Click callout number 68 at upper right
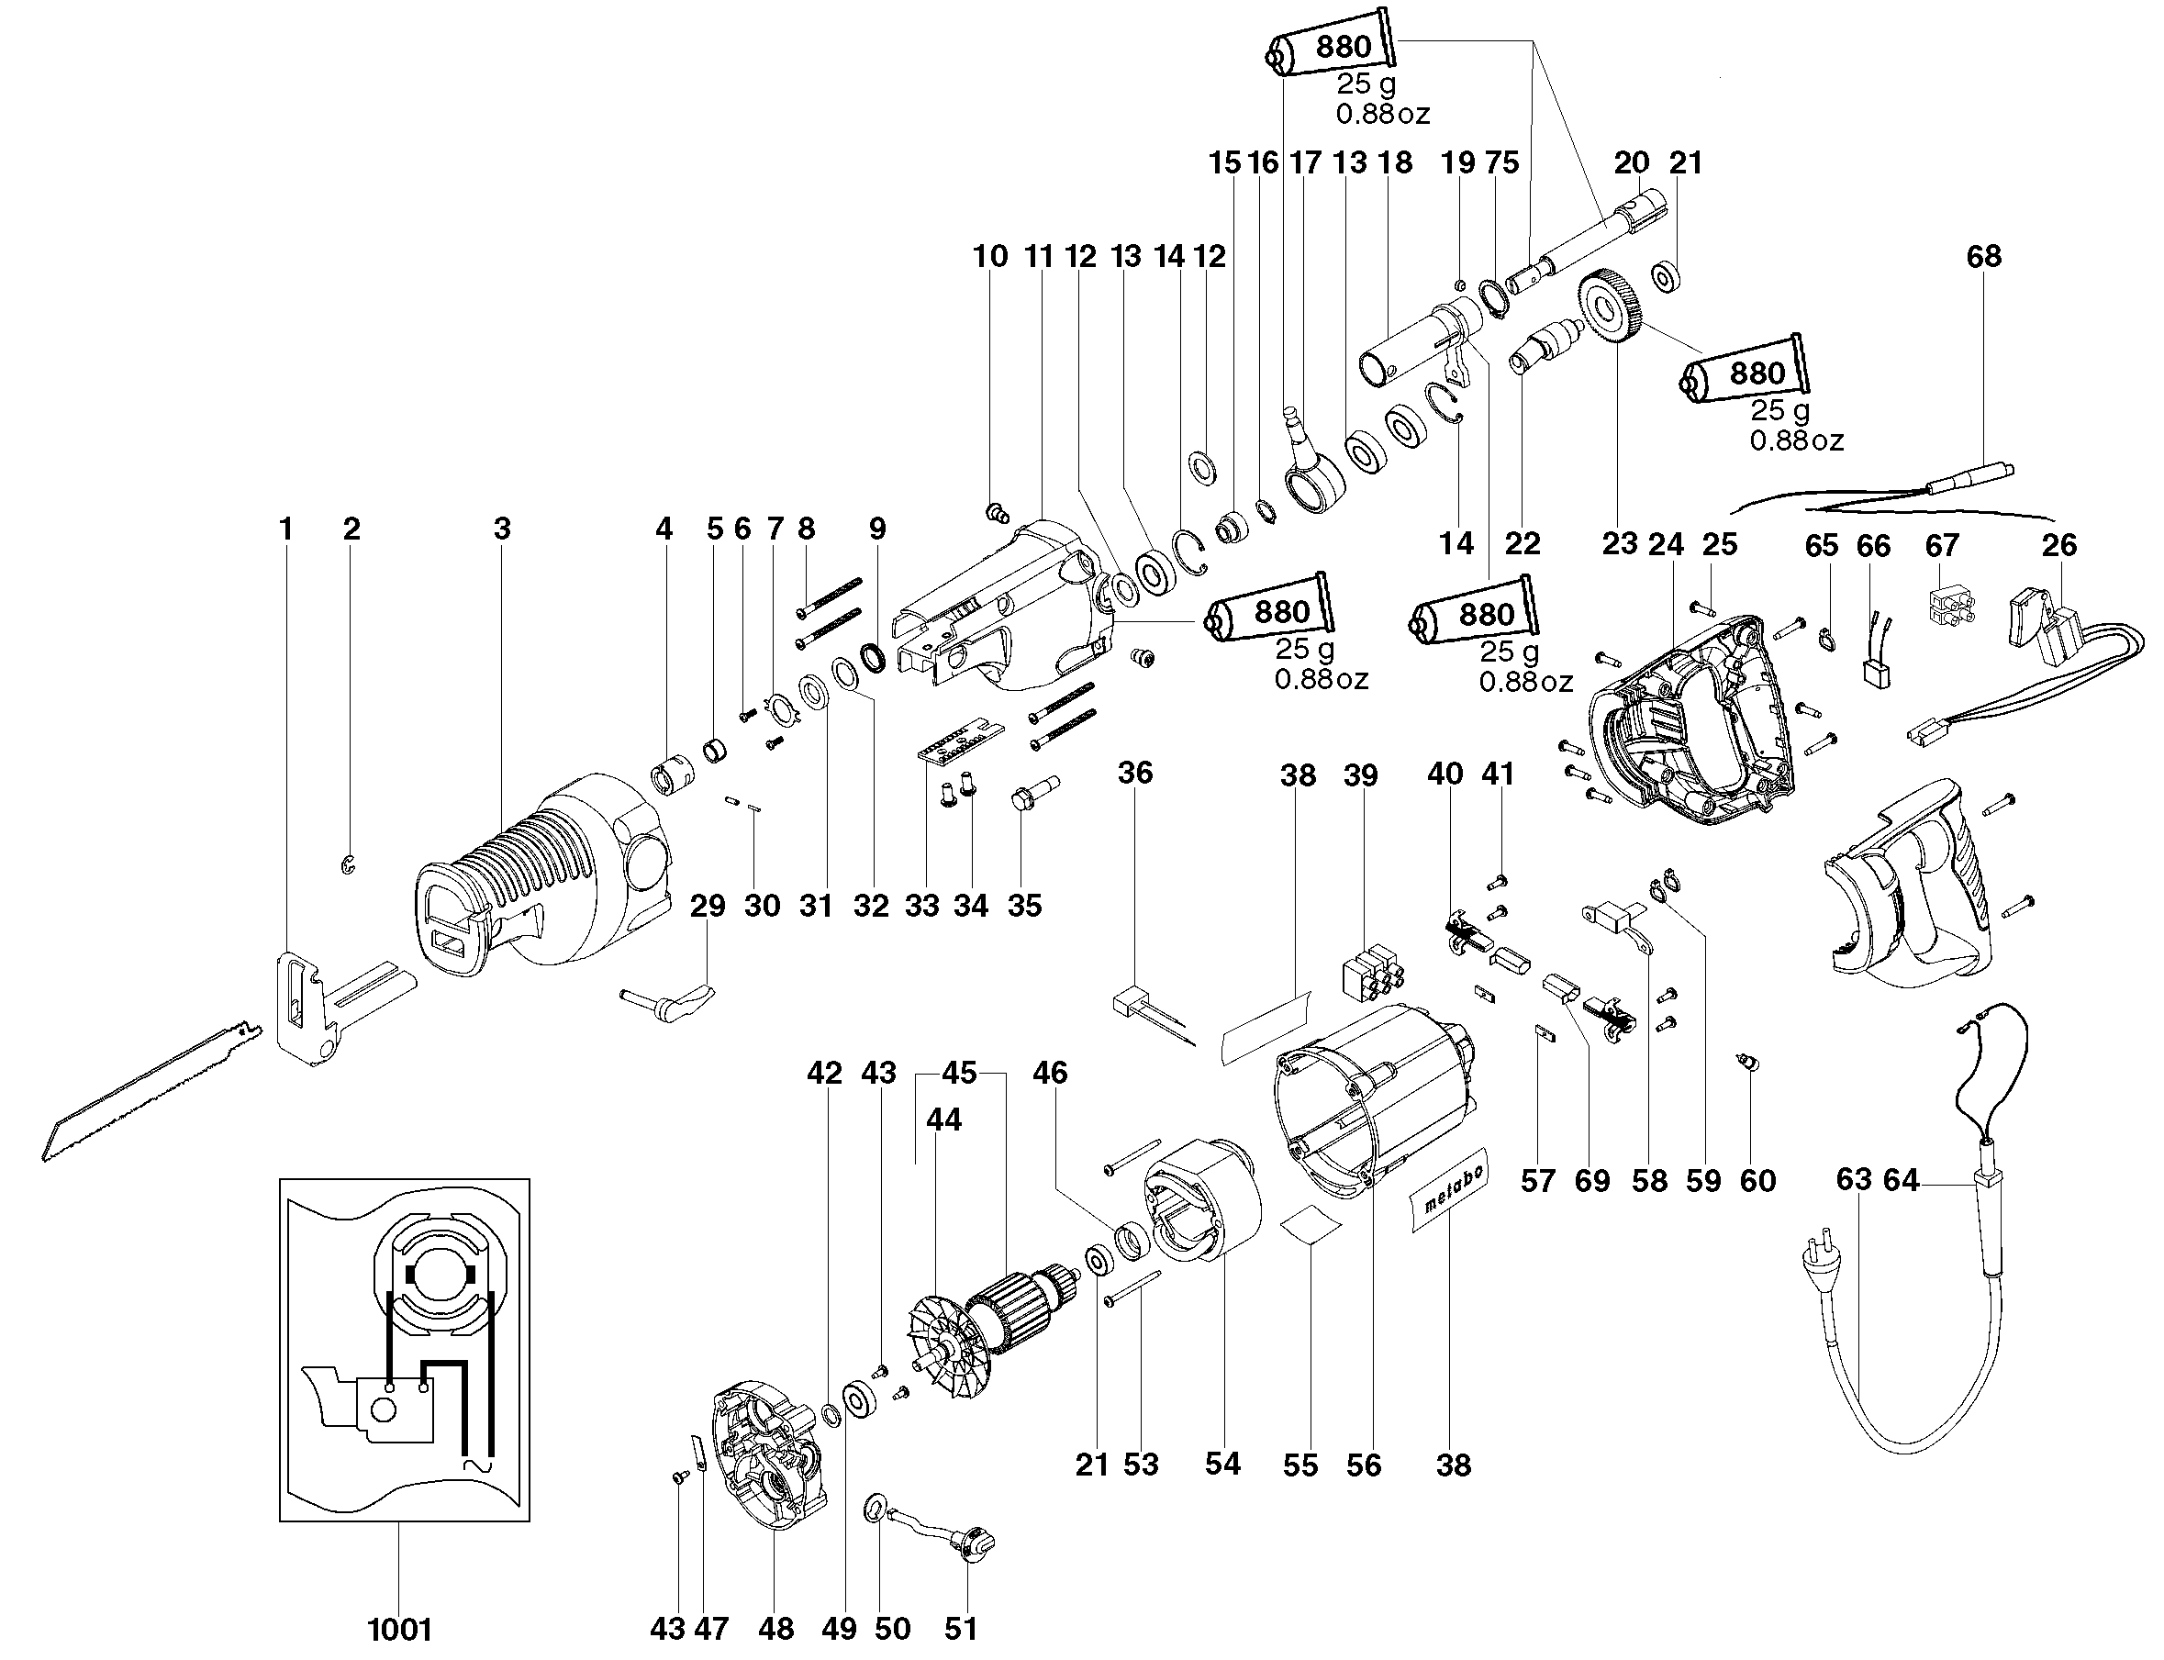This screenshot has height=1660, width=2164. click(x=1983, y=257)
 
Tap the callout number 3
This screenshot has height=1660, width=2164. click(x=502, y=529)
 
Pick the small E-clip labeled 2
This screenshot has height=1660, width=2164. click(x=348, y=865)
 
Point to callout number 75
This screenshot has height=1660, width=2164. click(x=1502, y=163)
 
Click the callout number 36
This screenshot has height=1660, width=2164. click(x=1135, y=773)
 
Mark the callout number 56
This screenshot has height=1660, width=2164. click(x=1364, y=1465)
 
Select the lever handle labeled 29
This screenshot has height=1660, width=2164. click(x=672, y=1003)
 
